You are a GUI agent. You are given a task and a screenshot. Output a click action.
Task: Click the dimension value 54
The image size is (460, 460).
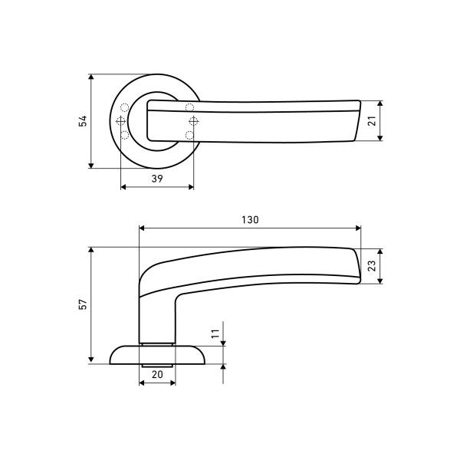click(83, 121)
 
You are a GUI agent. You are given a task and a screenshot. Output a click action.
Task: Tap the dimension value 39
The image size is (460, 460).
click(157, 179)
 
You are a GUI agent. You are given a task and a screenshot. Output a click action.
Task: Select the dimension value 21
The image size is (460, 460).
click(372, 121)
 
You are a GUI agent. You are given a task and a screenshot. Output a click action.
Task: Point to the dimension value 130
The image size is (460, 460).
click(250, 220)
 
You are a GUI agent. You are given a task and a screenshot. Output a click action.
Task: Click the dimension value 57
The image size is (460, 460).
click(83, 304)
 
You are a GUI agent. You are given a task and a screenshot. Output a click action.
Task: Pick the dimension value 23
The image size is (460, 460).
click(372, 266)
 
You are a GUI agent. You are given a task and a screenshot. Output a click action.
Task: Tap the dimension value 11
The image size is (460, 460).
click(215, 333)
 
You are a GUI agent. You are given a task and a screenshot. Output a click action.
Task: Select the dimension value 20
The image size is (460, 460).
click(157, 374)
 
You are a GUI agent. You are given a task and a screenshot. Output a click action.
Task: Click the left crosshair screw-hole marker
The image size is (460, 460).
click(121, 120)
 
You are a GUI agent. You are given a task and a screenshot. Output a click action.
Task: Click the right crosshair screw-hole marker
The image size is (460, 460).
click(194, 120)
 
